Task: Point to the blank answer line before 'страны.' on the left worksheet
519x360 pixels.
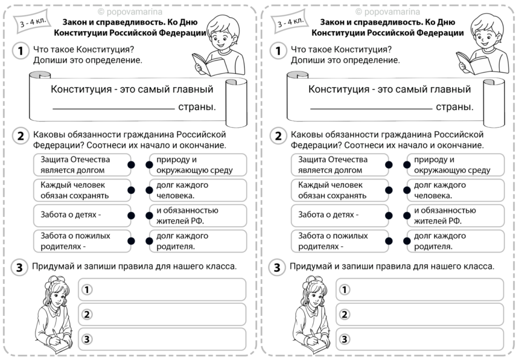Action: tap(114, 109)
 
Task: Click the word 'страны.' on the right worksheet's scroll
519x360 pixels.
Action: tap(455, 107)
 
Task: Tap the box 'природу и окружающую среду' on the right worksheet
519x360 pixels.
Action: tap(455, 165)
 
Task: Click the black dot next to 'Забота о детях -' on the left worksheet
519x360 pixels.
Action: tap(131, 215)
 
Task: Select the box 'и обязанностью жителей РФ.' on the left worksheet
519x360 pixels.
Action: tap(198, 215)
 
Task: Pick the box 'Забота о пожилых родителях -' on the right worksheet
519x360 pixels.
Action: tap(338, 241)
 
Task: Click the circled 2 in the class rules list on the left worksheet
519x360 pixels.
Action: tap(87, 314)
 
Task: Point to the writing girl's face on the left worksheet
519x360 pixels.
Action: tap(57, 294)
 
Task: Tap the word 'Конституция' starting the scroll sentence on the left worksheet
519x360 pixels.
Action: tap(81, 90)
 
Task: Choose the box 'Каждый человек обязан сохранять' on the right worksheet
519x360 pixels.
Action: tap(338, 190)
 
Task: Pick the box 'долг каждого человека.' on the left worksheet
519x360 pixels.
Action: tap(198, 190)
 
